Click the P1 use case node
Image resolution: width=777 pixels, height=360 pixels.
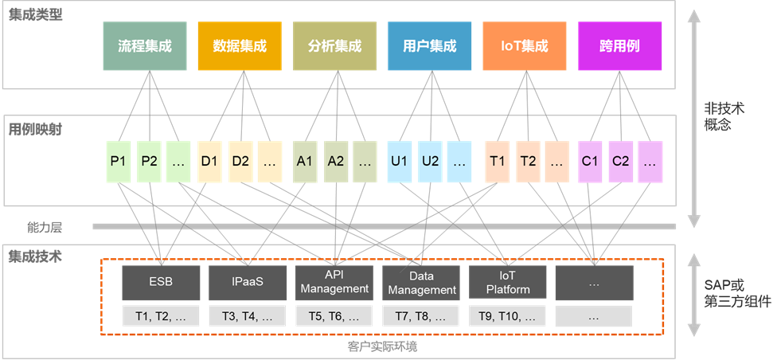(x=119, y=161)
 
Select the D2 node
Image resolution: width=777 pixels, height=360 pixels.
(x=240, y=161)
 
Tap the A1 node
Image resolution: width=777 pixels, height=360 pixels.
(x=305, y=161)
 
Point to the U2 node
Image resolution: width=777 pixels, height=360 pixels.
(x=430, y=161)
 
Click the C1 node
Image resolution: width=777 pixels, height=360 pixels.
(x=590, y=161)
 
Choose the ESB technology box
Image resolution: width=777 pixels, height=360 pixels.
(x=160, y=282)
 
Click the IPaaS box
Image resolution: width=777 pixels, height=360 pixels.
(x=247, y=282)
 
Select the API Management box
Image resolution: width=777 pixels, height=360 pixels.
(x=335, y=282)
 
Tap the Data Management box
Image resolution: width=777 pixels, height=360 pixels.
(x=422, y=283)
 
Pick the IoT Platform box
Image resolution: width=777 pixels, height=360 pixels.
(x=508, y=283)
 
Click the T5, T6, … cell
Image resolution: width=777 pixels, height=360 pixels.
(x=335, y=316)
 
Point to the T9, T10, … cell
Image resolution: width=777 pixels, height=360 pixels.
(x=508, y=316)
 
